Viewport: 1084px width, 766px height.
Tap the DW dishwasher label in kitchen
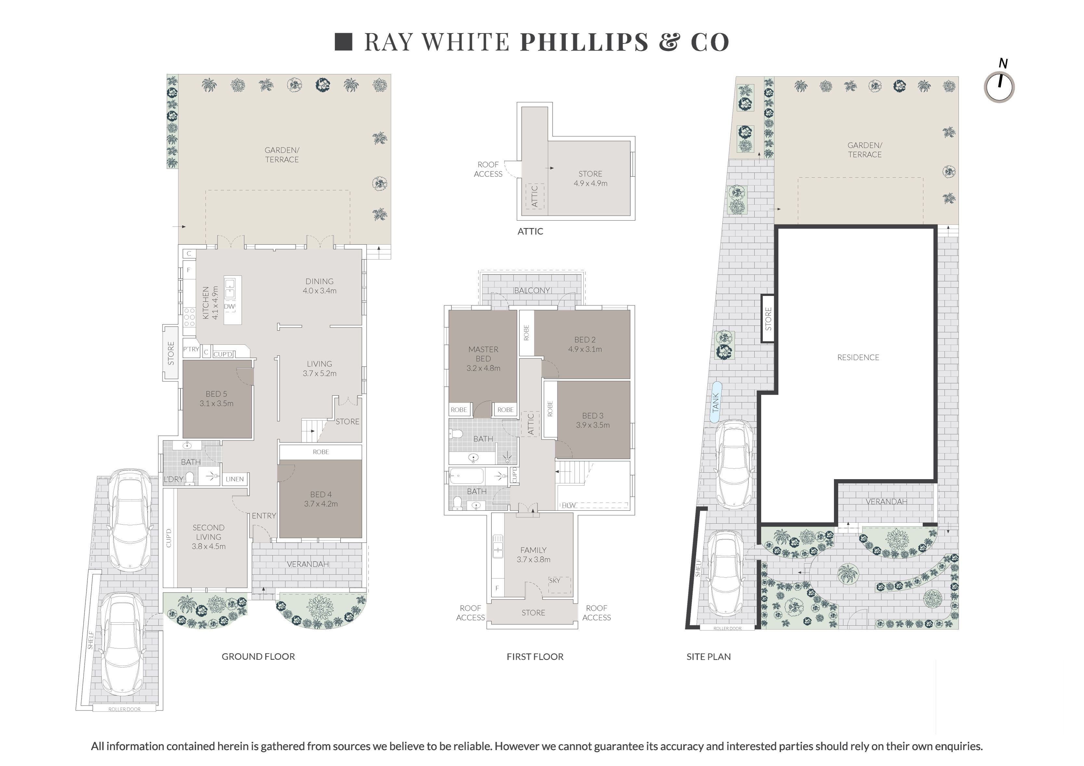[x=229, y=306]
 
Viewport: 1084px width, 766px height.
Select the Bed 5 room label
[x=216, y=394]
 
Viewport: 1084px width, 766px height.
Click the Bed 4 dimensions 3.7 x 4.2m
[x=321, y=504]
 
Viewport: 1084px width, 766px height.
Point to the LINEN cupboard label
[x=235, y=479]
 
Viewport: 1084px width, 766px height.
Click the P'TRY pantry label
[x=191, y=349]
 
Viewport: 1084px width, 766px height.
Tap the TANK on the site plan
[x=716, y=402]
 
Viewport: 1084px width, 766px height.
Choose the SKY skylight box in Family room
[x=559, y=584]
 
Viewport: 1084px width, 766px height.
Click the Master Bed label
[x=483, y=354]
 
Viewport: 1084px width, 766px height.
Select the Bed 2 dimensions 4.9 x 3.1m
[x=585, y=349]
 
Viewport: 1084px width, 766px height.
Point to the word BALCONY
[x=532, y=290]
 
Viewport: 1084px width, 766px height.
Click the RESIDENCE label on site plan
[x=858, y=357]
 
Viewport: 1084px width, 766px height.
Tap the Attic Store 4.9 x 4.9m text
[x=591, y=178]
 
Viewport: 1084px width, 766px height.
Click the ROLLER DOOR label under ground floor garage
[x=124, y=709]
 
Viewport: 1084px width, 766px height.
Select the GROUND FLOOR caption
[x=258, y=657]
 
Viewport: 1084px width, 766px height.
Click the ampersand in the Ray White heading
[x=670, y=42]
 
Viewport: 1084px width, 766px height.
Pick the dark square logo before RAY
[x=344, y=42]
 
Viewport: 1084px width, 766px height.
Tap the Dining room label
[x=320, y=281]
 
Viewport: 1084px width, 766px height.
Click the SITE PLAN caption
[x=709, y=657]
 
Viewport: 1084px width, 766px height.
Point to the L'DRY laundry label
[x=173, y=479]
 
